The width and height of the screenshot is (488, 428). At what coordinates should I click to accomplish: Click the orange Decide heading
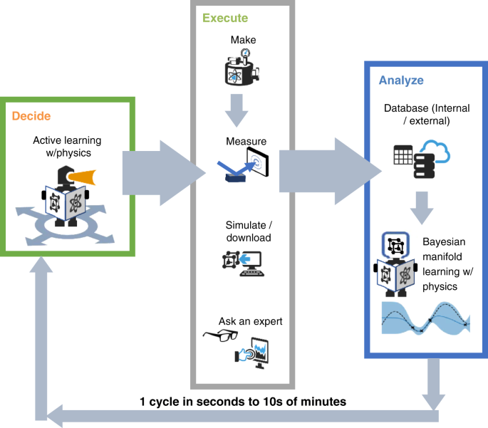(x=31, y=116)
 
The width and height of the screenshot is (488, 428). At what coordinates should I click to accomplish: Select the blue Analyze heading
(x=402, y=80)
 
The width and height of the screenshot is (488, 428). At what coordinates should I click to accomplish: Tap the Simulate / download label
(x=243, y=232)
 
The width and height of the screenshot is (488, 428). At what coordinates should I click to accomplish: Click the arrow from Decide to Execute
(x=160, y=171)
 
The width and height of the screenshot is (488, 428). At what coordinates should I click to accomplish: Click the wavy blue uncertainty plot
(x=423, y=319)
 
